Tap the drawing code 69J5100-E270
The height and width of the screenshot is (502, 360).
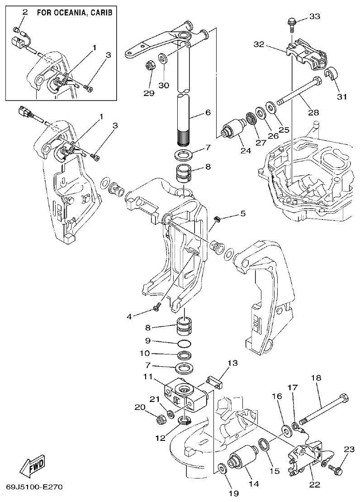point(34,488)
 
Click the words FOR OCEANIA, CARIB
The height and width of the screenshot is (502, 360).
point(75,13)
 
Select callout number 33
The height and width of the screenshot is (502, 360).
point(315,17)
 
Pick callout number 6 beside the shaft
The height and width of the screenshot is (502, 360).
point(208,112)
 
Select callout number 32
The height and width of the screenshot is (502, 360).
point(259,44)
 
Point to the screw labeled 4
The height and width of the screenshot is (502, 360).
point(156,308)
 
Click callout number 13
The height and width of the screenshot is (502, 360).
point(232,363)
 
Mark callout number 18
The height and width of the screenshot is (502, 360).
point(315,377)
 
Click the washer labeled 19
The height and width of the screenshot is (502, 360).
point(222,468)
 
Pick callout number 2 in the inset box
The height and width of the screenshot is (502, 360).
point(25,13)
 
